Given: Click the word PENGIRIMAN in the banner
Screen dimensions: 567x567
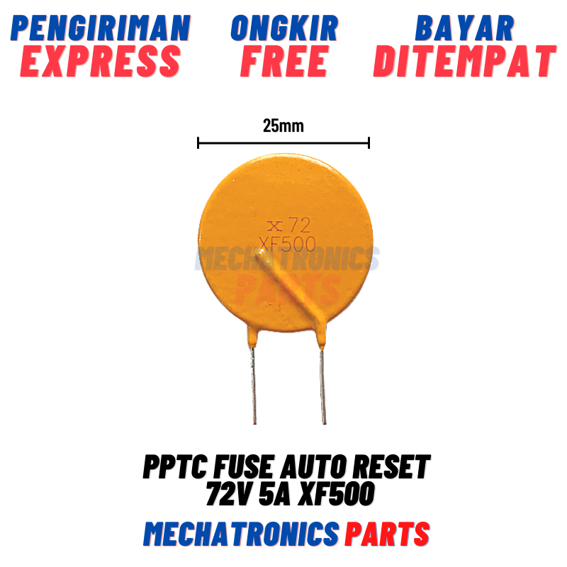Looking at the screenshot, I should (101, 28).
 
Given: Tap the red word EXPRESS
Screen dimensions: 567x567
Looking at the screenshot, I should (101, 61).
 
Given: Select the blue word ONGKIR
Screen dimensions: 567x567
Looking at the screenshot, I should (284, 28).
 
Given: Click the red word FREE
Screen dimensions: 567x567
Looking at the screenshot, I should (284, 61).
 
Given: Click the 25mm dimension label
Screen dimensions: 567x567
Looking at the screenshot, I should (283, 126).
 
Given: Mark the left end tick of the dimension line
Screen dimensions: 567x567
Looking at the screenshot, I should (198, 143).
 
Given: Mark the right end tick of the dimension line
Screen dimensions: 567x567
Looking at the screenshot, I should (369, 143).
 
